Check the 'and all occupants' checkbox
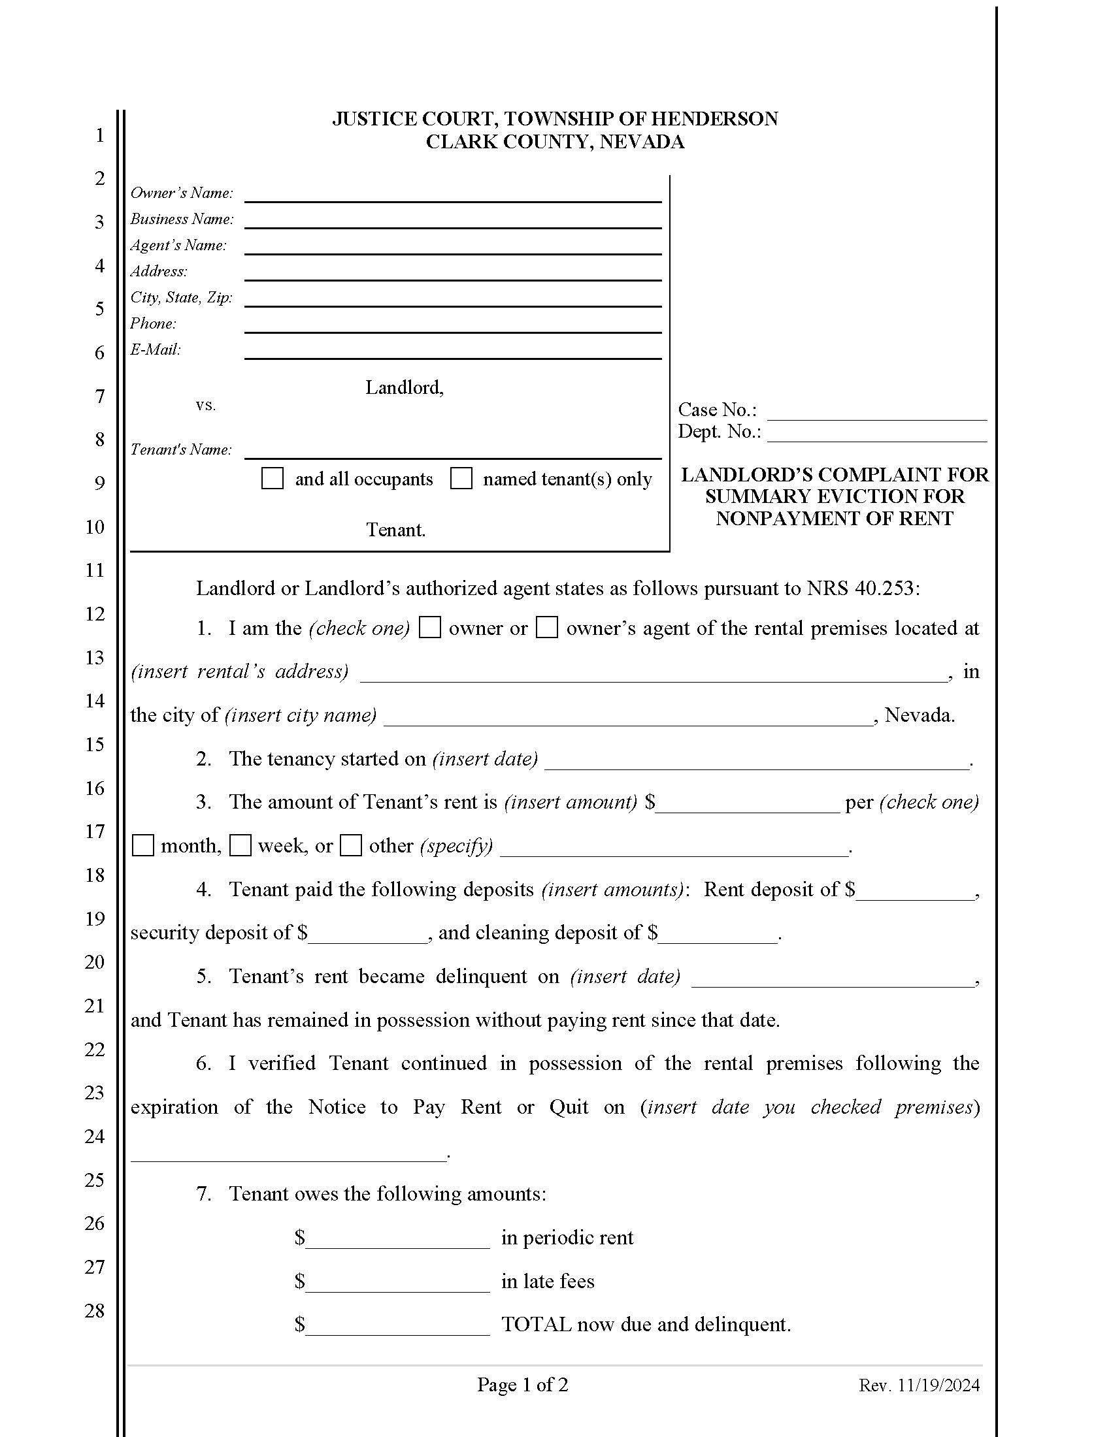(272, 478)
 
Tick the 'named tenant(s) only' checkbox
(461, 478)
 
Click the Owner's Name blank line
(453, 195)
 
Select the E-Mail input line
(453, 351)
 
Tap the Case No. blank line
(876, 412)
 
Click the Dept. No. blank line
(876, 434)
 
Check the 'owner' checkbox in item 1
(430, 628)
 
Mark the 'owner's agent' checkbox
(546, 628)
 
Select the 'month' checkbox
(143, 845)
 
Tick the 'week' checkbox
(240, 845)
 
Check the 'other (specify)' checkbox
(351, 845)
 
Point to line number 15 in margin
(95, 744)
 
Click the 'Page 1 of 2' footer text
(523, 1385)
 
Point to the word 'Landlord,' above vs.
(404, 387)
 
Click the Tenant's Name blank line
(453, 451)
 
